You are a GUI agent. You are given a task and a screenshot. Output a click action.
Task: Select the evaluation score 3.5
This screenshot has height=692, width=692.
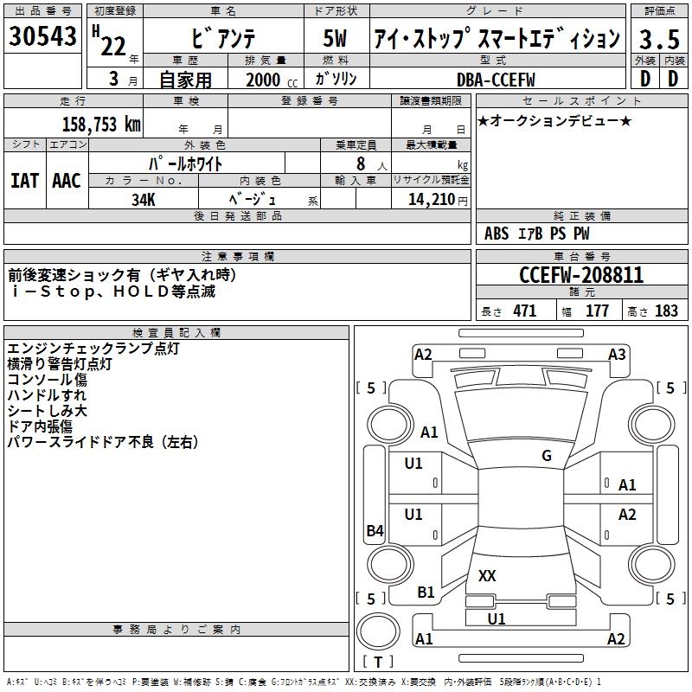coord(657,39)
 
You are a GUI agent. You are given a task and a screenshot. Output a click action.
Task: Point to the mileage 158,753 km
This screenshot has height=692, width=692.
coord(100,124)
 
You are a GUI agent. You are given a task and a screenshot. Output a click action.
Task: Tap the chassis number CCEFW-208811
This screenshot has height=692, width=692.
coord(581,275)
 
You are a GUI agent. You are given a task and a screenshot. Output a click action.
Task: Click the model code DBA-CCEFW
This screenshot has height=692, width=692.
coord(496,80)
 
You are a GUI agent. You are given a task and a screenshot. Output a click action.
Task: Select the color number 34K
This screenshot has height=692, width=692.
coord(144,198)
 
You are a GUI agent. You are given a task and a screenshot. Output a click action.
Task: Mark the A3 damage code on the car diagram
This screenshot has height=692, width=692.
coord(617,355)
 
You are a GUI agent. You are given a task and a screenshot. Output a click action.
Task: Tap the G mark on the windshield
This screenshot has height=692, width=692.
coord(547,456)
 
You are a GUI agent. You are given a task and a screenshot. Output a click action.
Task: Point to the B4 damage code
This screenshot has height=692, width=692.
coord(375,531)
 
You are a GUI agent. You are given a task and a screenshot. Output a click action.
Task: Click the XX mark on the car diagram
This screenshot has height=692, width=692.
coord(487,575)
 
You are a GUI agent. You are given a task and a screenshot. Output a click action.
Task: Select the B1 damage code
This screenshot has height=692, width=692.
coord(426,593)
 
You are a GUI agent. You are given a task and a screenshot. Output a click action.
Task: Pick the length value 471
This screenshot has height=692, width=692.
coord(524,311)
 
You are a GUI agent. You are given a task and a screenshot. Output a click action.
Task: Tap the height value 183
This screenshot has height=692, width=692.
coord(666,311)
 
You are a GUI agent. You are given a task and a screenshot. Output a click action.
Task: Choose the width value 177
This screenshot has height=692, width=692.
coord(597,311)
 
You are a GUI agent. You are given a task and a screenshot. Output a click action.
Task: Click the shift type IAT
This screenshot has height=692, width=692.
coord(24,181)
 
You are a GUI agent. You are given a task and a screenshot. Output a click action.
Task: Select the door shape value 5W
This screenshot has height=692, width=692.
coord(336,39)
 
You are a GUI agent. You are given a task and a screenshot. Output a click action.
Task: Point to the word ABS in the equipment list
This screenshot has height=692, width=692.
coord(497,234)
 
